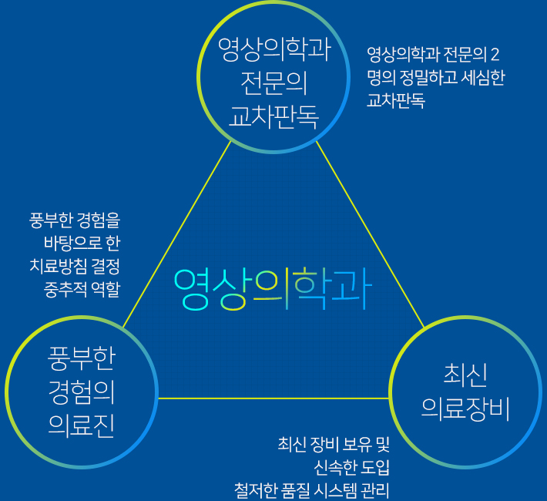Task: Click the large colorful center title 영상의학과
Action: tap(273, 290)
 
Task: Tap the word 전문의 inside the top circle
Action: tap(273, 83)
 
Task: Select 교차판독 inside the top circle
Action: tap(273, 116)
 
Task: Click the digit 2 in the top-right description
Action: tap(495, 55)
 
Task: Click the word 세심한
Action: tap(483, 78)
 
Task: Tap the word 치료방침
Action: tap(59, 266)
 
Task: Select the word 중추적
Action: tap(65, 289)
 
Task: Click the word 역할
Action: tap(106, 289)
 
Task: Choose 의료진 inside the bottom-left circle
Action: tap(82, 425)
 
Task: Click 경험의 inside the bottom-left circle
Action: tap(82, 392)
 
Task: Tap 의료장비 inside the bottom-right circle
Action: tap(465, 409)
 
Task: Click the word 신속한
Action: tap(335, 468)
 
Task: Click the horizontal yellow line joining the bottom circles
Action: tap(273, 398)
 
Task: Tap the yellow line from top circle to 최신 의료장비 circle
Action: tap(370, 234)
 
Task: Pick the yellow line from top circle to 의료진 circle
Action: tap(177, 234)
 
